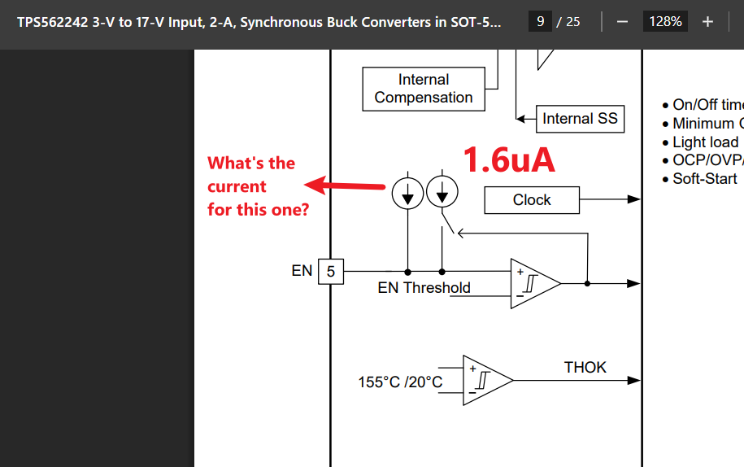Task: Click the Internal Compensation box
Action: [424, 89]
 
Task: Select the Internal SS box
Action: [580, 119]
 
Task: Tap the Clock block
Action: [532, 200]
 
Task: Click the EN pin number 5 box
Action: [331, 272]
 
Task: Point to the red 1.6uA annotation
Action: [509, 160]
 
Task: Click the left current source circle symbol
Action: [407, 193]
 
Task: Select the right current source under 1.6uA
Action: [442, 192]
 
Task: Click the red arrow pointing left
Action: [344, 185]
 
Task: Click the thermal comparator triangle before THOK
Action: [488, 380]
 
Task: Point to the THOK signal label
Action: [585, 368]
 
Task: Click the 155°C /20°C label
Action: [400, 382]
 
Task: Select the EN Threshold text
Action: [424, 288]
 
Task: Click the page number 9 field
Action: [540, 21]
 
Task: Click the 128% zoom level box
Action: [665, 21]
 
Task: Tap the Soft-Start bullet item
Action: [700, 179]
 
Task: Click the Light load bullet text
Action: [706, 142]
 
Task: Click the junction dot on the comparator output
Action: [587, 283]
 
